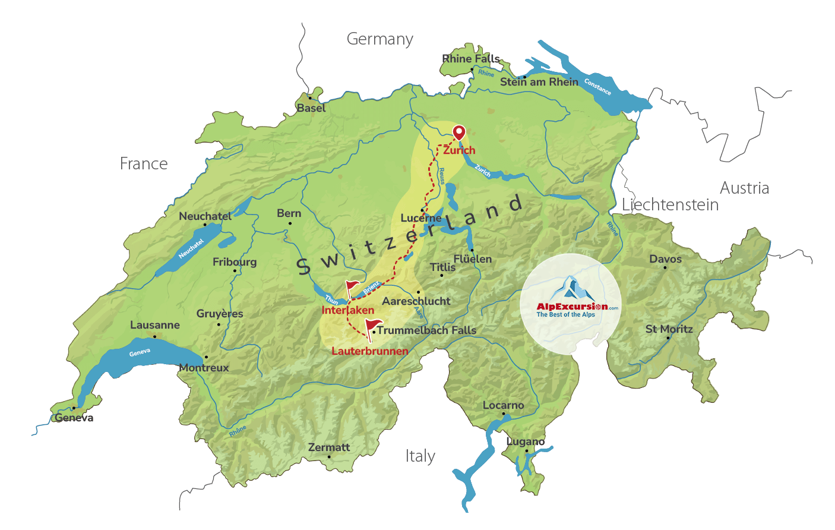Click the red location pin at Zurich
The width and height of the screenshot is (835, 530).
pos(458,132)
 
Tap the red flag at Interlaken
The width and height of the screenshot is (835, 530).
pos(353,288)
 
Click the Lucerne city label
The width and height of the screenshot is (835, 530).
pos(420,218)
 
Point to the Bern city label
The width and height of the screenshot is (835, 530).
pos(289,213)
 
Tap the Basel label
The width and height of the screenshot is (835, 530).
pos(311,108)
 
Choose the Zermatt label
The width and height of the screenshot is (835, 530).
pos(329,447)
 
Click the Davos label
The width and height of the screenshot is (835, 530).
pos(665,259)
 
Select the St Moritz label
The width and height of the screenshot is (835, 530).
pos(669,329)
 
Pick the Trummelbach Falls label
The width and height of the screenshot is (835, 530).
pos(426,330)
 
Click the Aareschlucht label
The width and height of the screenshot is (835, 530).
pos(416,301)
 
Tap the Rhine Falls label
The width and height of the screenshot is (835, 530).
pos(471,59)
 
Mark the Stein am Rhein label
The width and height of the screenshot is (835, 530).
pos(539,82)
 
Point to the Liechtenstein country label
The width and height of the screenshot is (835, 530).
pos(670,205)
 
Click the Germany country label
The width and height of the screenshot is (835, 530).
pos(379,39)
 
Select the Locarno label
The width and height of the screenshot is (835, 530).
pos(503,405)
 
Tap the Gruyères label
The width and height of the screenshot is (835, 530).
pos(220,314)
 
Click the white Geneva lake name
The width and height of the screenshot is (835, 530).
pos(140,352)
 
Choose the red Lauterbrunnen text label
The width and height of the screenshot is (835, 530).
pos(369,351)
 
